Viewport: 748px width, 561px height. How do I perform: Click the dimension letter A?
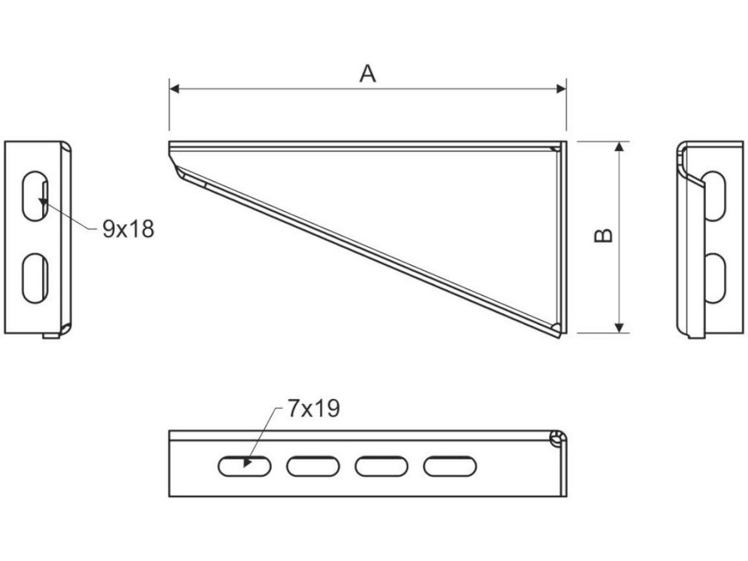pyautogui.click(x=367, y=73)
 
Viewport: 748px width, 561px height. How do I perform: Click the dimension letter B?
pyautogui.click(x=605, y=236)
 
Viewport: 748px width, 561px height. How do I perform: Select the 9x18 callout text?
pyautogui.click(x=128, y=229)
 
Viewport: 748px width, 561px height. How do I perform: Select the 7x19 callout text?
pyautogui.click(x=312, y=408)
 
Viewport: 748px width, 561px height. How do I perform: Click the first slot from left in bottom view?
pyautogui.click(x=244, y=466)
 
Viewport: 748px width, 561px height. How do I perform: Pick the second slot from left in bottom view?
pyautogui.click(x=312, y=466)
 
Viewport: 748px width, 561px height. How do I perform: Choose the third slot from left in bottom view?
pyautogui.click(x=381, y=466)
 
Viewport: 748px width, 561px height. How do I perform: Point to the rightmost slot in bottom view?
pyautogui.click(x=449, y=466)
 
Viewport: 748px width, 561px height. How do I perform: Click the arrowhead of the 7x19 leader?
pyautogui.click(x=248, y=463)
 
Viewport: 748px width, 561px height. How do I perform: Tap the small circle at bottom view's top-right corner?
pyautogui.click(x=555, y=438)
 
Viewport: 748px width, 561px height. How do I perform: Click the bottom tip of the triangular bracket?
pyautogui.click(x=559, y=334)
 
